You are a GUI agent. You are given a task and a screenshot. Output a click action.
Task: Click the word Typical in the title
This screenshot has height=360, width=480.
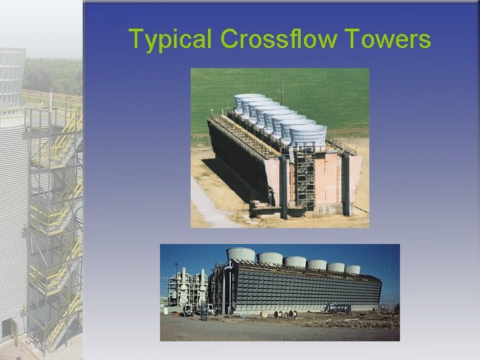[171, 39]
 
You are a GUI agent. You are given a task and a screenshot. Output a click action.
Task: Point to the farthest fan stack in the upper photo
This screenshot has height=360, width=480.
[248, 101]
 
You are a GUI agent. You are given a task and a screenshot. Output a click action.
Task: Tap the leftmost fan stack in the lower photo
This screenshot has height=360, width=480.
[241, 254]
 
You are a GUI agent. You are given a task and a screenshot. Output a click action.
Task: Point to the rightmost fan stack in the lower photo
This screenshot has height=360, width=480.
[352, 269]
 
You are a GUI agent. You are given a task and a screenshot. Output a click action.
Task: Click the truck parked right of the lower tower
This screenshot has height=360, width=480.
[338, 308]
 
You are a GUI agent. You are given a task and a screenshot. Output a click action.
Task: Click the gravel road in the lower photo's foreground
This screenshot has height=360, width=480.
[280, 330]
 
